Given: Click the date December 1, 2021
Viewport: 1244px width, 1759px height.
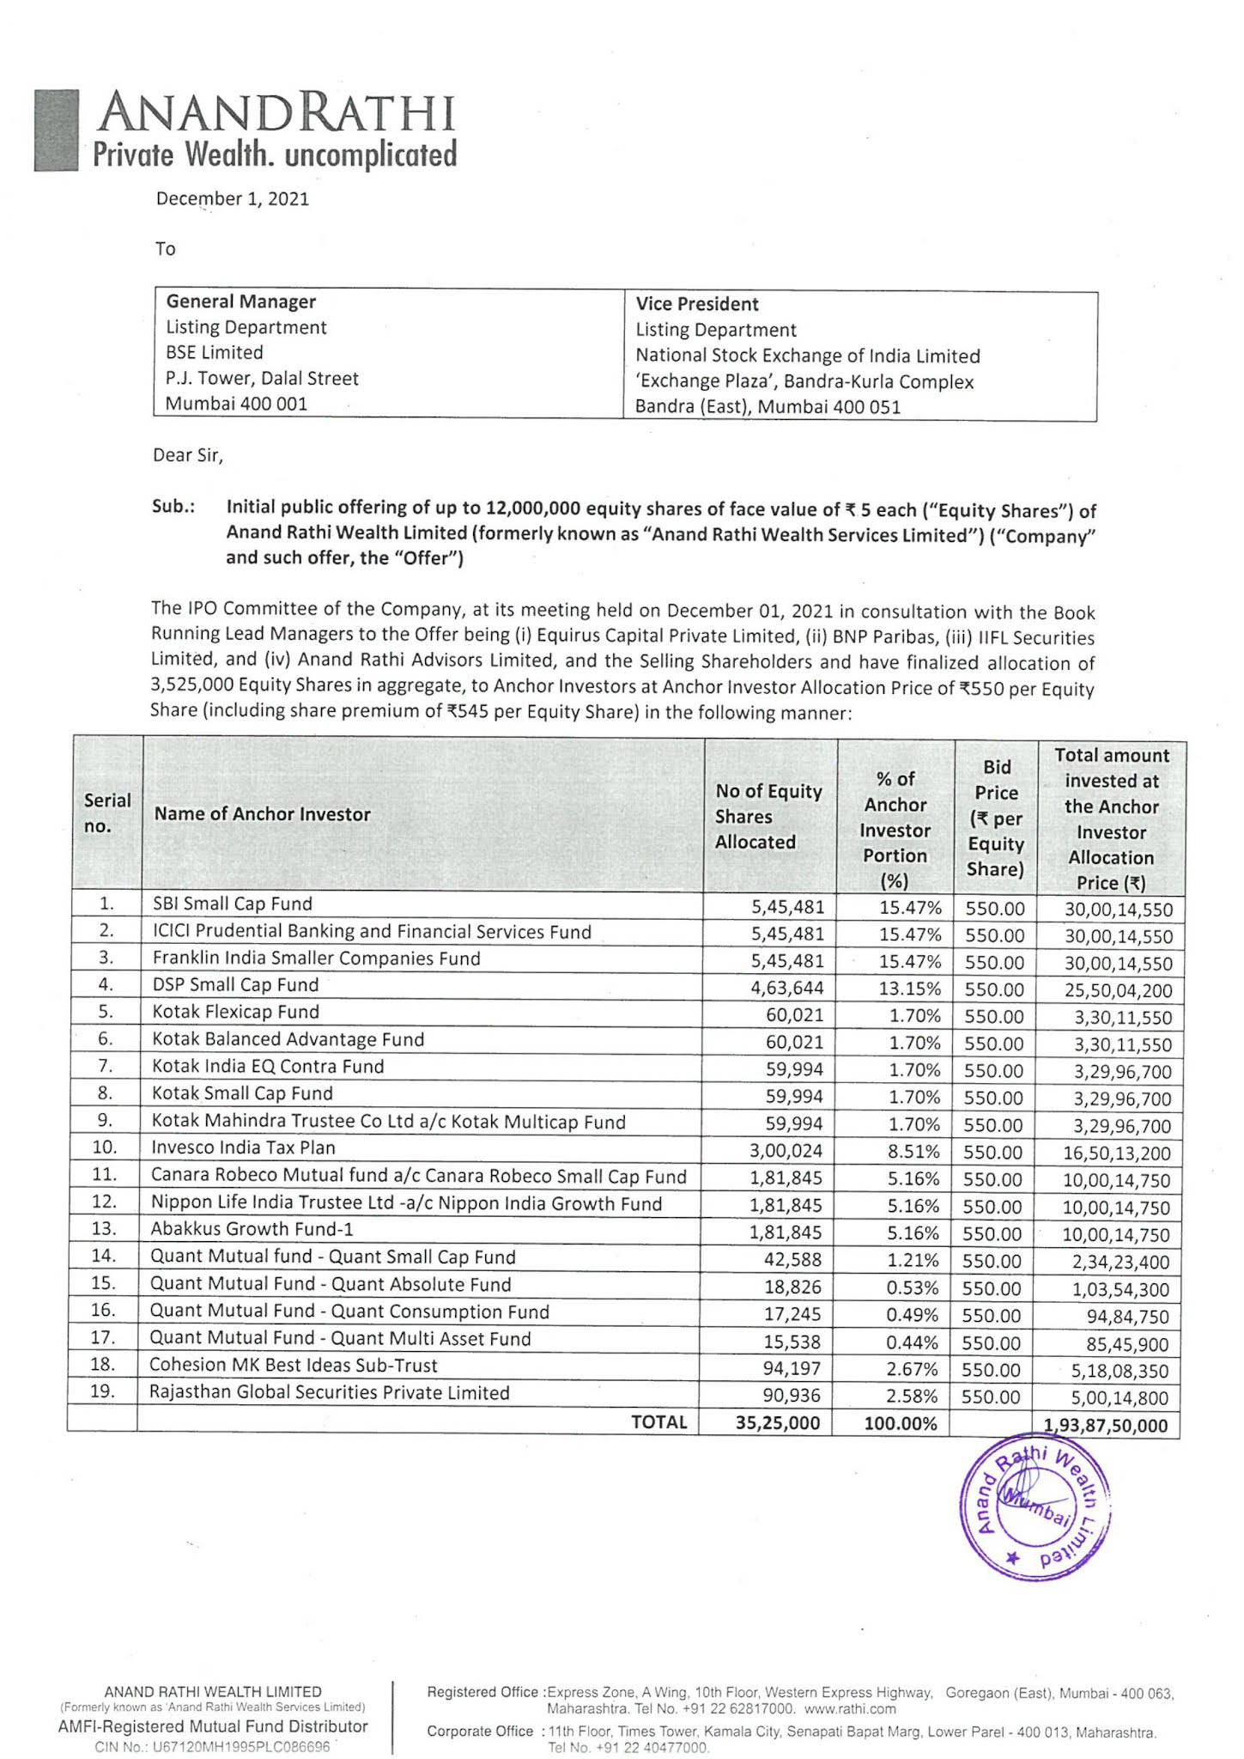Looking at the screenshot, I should [x=232, y=199].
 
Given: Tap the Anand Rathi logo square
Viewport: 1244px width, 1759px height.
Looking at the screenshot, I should [x=57, y=131].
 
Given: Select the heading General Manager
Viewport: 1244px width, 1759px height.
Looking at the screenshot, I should [x=240, y=301].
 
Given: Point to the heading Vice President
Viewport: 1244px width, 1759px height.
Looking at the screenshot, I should [x=696, y=304].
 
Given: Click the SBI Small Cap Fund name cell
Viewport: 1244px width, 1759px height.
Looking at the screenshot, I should [x=232, y=904].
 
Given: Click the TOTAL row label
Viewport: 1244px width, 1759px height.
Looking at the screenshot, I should [x=658, y=1421].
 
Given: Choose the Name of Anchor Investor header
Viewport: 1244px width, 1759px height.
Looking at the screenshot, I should [x=262, y=814].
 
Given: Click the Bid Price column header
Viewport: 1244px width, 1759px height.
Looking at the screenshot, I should [x=995, y=817].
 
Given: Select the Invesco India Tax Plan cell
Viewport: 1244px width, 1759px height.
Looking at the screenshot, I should [x=243, y=1147].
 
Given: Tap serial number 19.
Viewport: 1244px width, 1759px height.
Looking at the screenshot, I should [x=102, y=1391].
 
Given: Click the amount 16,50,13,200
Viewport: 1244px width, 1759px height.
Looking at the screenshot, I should [x=1116, y=1153].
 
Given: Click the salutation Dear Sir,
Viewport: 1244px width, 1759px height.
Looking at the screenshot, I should [x=188, y=455].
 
